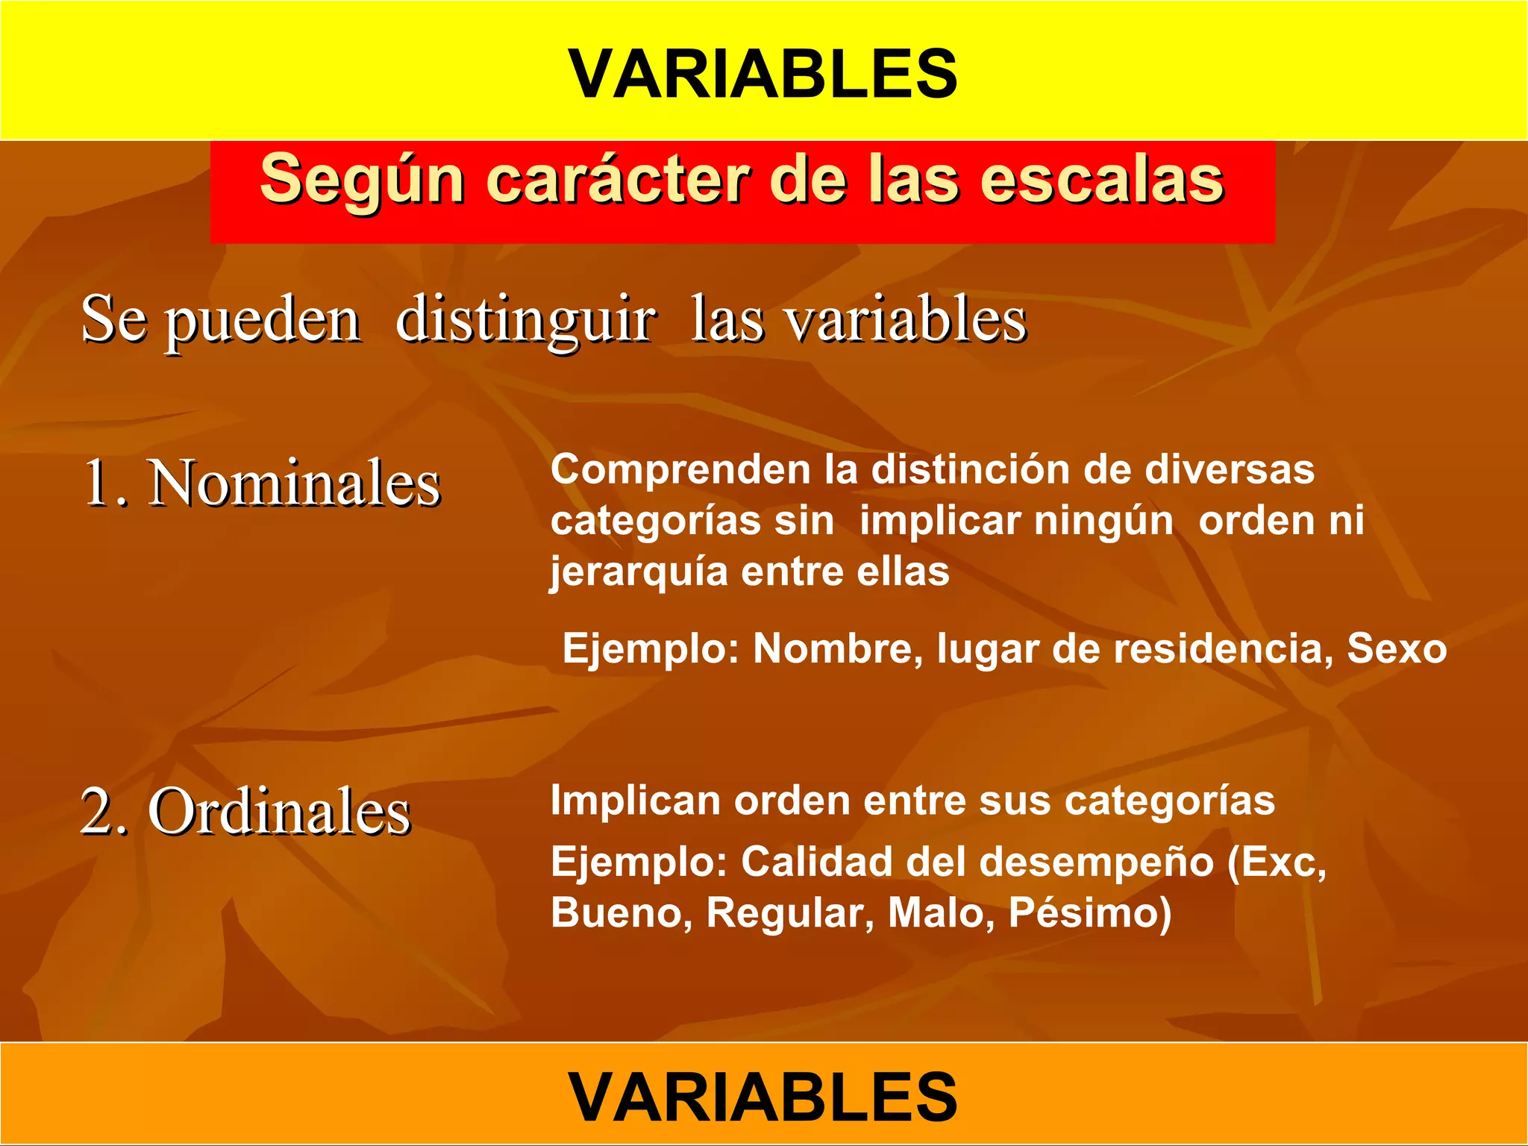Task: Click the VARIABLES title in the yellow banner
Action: (x=763, y=74)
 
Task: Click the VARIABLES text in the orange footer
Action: (x=763, y=1096)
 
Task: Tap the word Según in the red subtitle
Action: (x=362, y=180)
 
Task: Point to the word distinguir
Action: (x=525, y=321)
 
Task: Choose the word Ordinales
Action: (x=279, y=812)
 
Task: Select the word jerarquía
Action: (x=639, y=573)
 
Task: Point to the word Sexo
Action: (x=1396, y=648)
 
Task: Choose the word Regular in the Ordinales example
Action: (x=790, y=914)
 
